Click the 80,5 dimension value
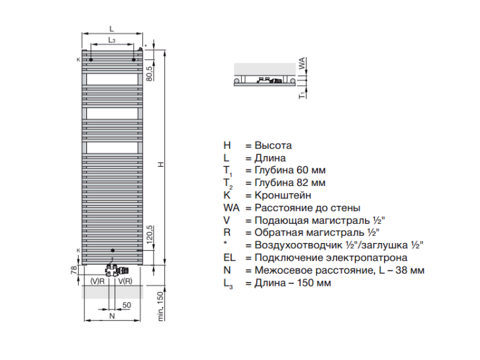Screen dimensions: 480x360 (149, 72)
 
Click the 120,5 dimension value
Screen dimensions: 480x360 (149, 235)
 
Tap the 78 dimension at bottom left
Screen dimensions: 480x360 (74, 270)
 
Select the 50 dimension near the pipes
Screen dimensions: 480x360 (127, 305)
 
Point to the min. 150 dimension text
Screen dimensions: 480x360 (161, 306)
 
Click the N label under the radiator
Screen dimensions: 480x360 (112, 316)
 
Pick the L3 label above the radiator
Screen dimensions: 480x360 (112, 40)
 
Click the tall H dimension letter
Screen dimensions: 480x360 (161, 164)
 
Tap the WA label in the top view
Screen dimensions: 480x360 (302, 63)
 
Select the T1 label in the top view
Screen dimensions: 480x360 (303, 95)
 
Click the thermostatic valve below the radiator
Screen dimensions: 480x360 (117, 270)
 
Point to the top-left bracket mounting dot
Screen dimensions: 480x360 (91, 59)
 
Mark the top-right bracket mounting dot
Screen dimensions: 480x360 (134, 59)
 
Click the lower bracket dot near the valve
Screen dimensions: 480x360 (113, 251)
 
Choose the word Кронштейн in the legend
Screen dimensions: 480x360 (283, 195)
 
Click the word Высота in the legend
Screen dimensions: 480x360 (273, 145)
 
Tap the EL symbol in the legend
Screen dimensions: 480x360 (230, 258)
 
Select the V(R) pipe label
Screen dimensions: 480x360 (125, 281)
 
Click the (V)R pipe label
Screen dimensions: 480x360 (98, 281)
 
